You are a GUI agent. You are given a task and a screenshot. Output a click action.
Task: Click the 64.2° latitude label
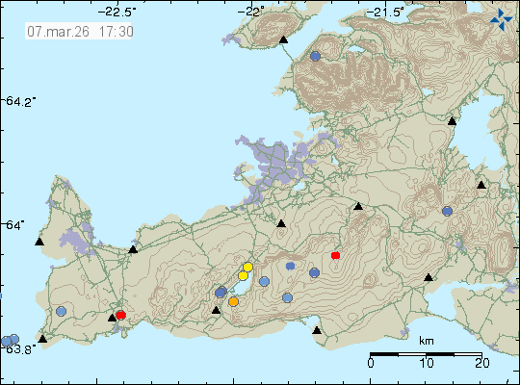[20, 101]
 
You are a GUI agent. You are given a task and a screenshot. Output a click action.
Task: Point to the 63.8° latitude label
[22, 347]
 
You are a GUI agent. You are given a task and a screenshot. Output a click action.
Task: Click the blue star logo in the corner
[501, 17]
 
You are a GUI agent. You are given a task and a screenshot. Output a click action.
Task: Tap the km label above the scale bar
[426, 341]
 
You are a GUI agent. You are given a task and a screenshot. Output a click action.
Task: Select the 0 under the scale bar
[371, 363]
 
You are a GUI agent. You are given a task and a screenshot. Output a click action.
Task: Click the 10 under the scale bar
[426, 363]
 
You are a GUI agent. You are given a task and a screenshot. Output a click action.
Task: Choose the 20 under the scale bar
[481, 363]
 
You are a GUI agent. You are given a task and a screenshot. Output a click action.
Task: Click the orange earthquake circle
[233, 301]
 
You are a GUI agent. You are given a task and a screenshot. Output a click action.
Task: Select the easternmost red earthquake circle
[335, 255]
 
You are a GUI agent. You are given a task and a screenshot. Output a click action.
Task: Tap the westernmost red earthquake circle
[120, 315]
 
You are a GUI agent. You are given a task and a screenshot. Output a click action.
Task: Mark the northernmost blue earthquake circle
[315, 57]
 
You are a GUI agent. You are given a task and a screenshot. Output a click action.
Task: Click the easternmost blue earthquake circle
[447, 211]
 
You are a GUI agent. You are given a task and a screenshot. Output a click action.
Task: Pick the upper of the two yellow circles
[247, 268]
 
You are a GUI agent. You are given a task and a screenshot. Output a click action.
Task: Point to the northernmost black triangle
[283, 40]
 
